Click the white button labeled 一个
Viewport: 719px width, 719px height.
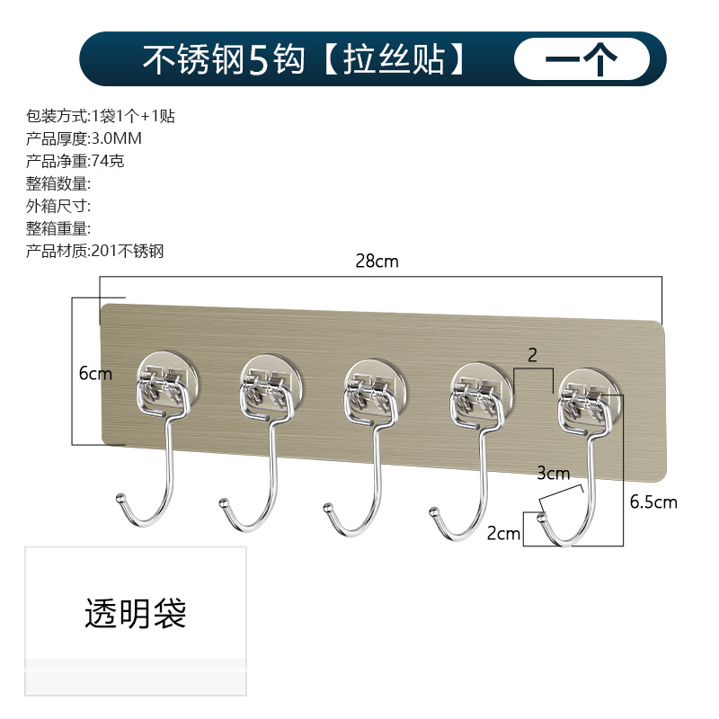point(581,59)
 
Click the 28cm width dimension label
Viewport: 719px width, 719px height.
point(377,262)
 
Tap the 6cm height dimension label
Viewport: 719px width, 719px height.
point(95,373)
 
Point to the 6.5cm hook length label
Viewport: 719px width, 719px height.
point(653,502)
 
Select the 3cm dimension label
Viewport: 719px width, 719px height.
point(553,472)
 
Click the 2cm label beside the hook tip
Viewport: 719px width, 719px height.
point(503,533)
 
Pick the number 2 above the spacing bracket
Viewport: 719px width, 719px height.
point(532,355)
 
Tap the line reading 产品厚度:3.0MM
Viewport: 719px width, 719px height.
point(84,138)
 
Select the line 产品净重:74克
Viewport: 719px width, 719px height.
point(79,161)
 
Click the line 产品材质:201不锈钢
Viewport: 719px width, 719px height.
point(95,251)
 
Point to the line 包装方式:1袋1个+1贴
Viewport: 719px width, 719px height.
point(100,116)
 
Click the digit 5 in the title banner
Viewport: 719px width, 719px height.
point(259,59)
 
